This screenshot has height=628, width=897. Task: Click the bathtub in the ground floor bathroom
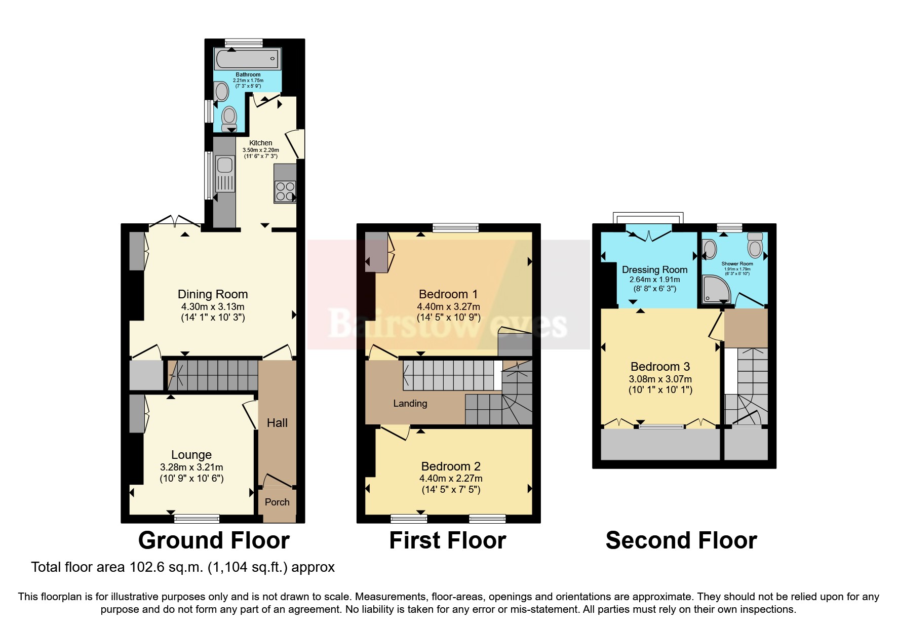[247, 59]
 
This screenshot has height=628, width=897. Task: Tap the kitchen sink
[224, 166]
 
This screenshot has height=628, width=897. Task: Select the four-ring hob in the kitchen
[285, 191]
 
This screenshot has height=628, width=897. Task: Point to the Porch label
[277, 502]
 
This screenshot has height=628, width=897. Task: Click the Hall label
[277, 423]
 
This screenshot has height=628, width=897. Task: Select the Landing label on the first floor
[410, 403]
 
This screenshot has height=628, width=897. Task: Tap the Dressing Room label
[654, 269]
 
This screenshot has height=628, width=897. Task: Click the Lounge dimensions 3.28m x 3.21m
[191, 467]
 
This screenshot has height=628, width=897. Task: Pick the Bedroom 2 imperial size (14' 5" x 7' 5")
[451, 490]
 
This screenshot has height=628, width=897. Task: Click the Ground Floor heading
[214, 540]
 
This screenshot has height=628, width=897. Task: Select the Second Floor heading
[681, 540]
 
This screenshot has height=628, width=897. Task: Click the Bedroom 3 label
[660, 366]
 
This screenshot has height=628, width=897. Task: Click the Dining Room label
[213, 294]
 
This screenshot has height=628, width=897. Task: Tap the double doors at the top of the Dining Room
[175, 221]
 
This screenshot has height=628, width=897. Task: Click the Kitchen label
[260, 143]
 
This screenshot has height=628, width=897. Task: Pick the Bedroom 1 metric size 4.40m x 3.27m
[448, 306]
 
